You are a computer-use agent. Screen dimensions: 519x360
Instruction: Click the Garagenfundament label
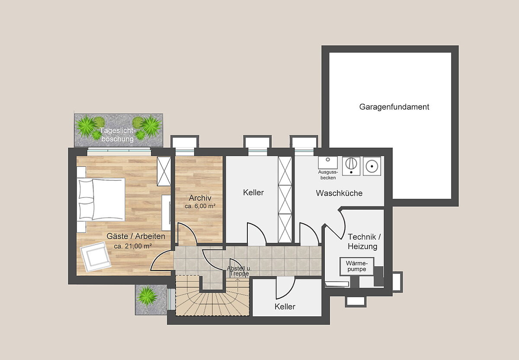pos(394,107)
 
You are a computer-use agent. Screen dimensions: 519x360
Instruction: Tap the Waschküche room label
pos(339,193)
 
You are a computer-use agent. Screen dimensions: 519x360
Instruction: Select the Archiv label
pos(200,198)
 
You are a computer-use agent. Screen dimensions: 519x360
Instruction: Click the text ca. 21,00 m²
pos(133,246)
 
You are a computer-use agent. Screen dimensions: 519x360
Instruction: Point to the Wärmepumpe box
pos(356,267)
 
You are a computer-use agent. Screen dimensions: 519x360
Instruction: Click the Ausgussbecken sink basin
pos(328,162)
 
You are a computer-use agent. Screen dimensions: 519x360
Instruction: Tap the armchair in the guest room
pos(96,257)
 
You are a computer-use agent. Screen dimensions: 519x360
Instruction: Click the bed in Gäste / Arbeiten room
pos(101,199)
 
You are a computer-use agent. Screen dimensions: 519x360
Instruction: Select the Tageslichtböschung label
pos(118,134)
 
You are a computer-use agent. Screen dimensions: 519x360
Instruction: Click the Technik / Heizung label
pos(364,242)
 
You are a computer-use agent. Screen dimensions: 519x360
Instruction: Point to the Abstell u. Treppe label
pos(239,271)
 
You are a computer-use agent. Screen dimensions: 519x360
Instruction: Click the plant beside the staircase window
pos(147,296)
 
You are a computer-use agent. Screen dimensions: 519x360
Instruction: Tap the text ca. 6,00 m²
pos(200,206)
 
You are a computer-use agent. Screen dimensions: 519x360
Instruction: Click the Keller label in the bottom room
pos(285,306)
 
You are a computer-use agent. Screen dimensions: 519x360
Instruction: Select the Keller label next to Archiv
pos(253,192)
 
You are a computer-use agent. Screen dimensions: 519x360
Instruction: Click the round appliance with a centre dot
pos(372,166)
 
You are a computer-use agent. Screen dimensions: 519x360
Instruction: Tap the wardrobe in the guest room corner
pos(164,171)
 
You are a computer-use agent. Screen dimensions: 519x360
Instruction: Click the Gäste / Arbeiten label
pos(136,236)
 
